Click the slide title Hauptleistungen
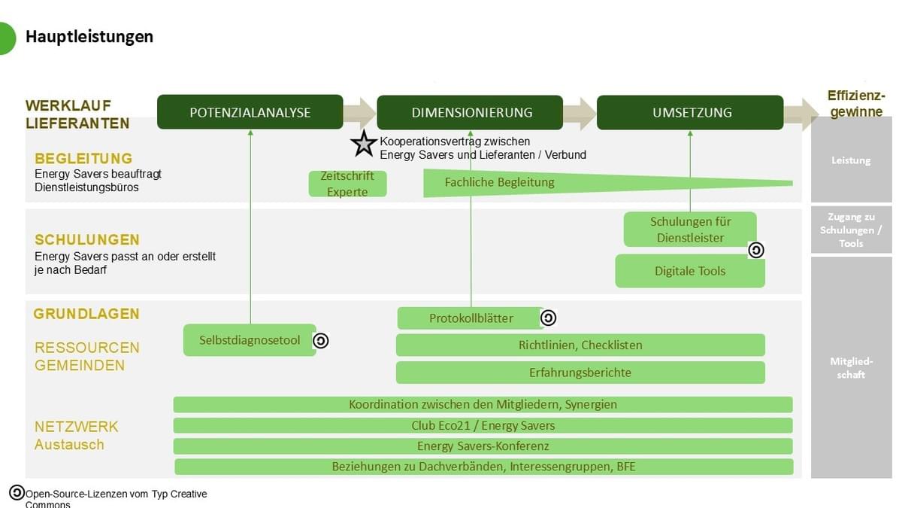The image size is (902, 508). (x=89, y=36)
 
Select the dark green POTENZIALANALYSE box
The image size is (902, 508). (x=250, y=112)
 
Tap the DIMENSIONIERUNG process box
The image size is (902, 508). (x=470, y=112)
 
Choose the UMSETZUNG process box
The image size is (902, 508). (x=690, y=112)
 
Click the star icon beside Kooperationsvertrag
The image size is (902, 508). (x=364, y=143)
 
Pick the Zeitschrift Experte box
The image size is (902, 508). (x=347, y=184)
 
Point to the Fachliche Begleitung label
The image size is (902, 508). (x=499, y=182)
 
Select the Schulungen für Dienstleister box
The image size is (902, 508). (x=690, y=230)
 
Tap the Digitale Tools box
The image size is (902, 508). (x=690, y=271)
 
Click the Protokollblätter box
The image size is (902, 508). (x=471, y=318)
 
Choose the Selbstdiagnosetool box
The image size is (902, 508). (x=250, y=340)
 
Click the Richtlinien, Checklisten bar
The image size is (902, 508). (x=580, y=345)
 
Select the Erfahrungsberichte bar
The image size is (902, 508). (x=580, y=373)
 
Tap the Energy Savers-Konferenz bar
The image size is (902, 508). (x=483, y=446)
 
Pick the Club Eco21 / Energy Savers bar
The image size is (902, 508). (x=483, y=425)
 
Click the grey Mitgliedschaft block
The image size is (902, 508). (x=851, y=367)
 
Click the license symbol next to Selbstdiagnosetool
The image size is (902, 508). (x=321, y=341)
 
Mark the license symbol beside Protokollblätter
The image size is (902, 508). (x=548, y=318)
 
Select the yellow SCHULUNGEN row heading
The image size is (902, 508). (x=87, y=240)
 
